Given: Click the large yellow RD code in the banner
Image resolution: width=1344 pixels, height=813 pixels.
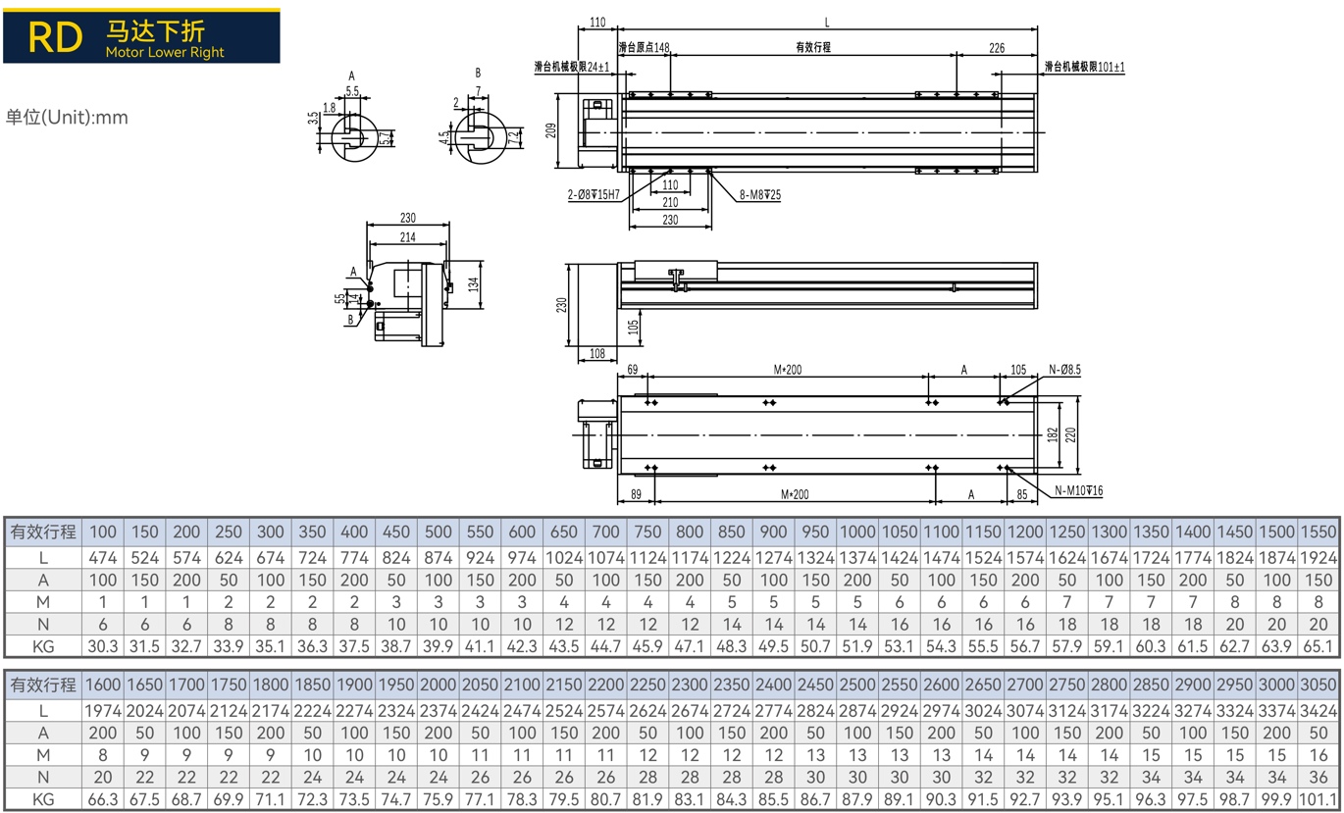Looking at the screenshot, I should point(55,36).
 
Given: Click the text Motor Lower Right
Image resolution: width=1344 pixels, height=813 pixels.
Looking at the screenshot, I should point(165,53).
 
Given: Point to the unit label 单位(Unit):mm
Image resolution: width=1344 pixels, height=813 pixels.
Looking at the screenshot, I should point(67,118).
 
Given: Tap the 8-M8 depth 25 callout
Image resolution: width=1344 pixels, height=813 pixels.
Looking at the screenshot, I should point(760,195).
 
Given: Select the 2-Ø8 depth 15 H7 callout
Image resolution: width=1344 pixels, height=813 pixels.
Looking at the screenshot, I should point(594,195).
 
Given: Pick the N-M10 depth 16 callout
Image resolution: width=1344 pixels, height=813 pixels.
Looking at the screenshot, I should point(1079,490).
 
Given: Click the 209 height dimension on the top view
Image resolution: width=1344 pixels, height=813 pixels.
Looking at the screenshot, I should point(552,129).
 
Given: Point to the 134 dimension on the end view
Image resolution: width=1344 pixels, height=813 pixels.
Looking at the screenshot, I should point(474,284).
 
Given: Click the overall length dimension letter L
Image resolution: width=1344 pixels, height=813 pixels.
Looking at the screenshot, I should point(827,23).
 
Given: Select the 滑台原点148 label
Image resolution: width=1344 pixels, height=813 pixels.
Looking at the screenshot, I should point(644,47).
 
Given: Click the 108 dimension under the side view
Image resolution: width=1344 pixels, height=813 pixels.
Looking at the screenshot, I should point(597,354).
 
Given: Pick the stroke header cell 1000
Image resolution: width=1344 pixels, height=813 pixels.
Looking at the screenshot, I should point(857,532).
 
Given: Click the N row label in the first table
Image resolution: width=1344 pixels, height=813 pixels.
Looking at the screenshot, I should point(42,623).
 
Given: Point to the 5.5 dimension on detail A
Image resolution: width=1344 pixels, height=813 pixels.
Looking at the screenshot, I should point(352,90).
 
